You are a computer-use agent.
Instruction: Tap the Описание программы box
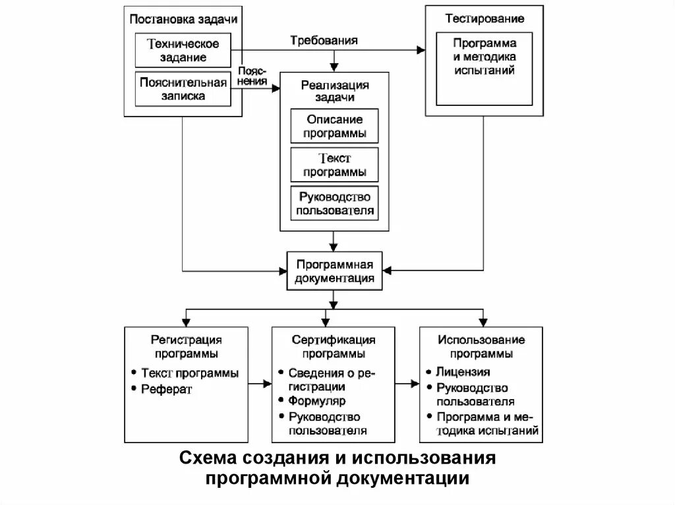335,126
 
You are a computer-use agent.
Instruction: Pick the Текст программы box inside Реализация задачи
335,165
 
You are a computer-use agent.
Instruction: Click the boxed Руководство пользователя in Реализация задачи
335,203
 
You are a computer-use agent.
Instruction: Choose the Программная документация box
335,271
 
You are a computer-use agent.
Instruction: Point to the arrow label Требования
324,40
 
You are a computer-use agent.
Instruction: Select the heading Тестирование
484,18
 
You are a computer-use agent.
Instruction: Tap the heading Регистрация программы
186,346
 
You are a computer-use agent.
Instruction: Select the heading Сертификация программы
334,346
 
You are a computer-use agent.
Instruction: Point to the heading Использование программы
481,346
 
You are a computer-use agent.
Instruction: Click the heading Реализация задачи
335,91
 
